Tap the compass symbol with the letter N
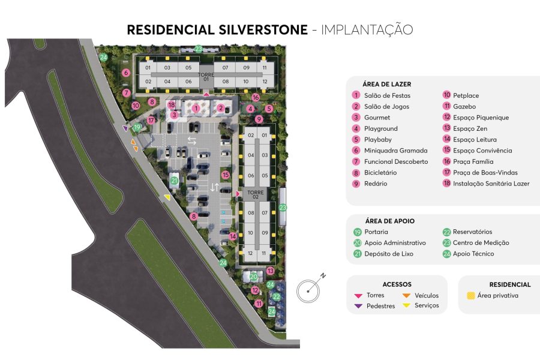click(x=310, y=289)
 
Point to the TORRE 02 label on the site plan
click(x=256, y=194)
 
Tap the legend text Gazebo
click(x=464, y=106)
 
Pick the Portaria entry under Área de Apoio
click(x=376, y=232)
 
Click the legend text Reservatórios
click(x=472, y=232)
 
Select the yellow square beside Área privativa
click(x=471, y=295)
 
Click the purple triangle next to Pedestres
click(x=358, y=306)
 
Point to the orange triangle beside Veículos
click(x=406, y=295)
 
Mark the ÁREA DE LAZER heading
click(x=386, y=84)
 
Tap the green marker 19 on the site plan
click(x=137, y=127)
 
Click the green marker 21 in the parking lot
click(x=174, y=180)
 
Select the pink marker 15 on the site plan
click(x=226, y=175)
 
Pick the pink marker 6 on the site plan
click(x=126, y=73)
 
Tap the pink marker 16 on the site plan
click(x=256, y=97)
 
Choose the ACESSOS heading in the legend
click(x=397, y=284)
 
